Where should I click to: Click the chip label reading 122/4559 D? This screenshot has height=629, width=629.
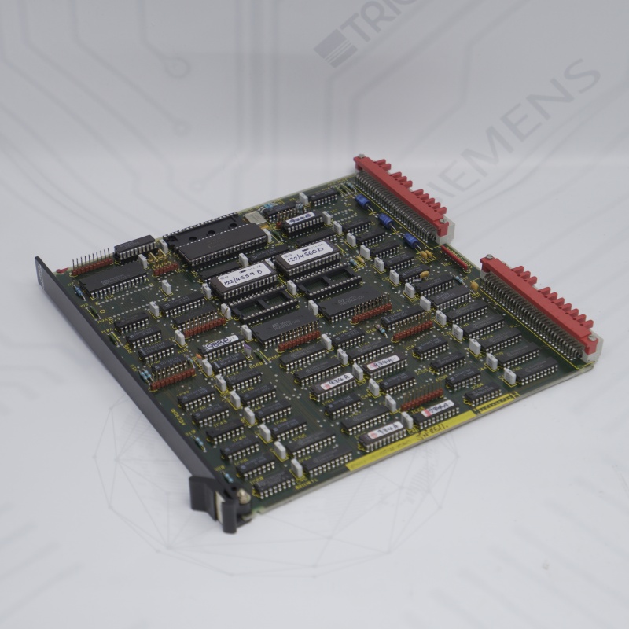(x=243, y=277)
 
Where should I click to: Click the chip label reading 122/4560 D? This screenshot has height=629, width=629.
(x=307, y=256)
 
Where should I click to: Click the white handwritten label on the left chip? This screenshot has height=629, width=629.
(x=219, y=342)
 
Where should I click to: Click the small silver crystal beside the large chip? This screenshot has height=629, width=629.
(x=252, y=217)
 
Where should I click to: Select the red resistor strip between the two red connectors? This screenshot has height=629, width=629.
(x=454, y=256)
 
